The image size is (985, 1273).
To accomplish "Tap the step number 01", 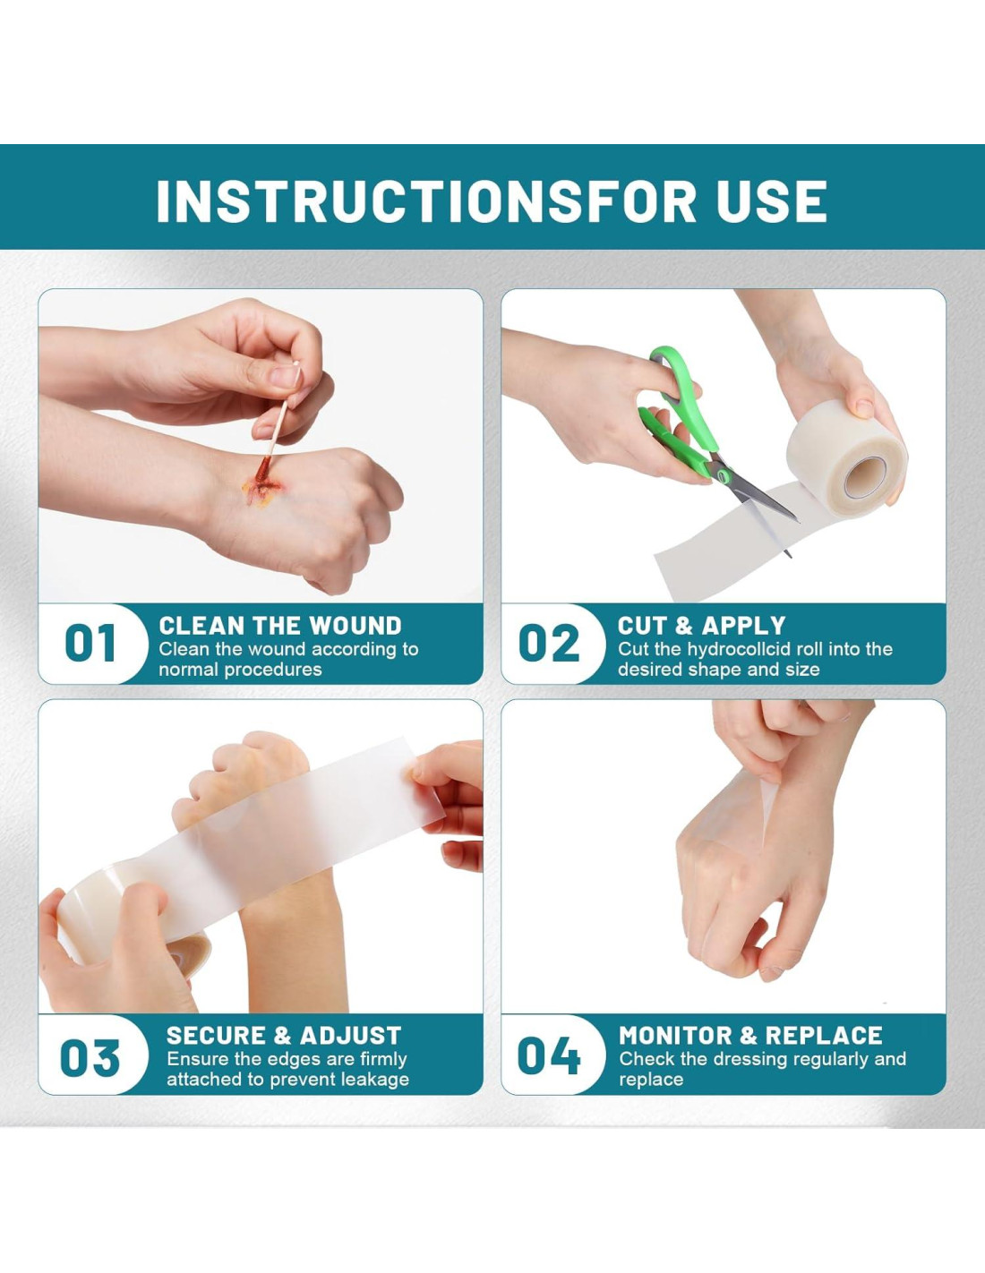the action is (90, 643).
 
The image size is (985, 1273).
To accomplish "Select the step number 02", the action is (549, 643).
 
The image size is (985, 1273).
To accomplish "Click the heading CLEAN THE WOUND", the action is (280, 626).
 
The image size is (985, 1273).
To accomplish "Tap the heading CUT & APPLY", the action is (701, 626).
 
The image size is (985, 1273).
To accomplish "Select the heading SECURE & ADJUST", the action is (284, 1035).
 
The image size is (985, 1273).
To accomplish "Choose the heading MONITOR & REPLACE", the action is (750, 1035).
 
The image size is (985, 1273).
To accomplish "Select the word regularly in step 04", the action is (824, 1059).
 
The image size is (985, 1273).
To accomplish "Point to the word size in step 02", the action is (803, 670).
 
